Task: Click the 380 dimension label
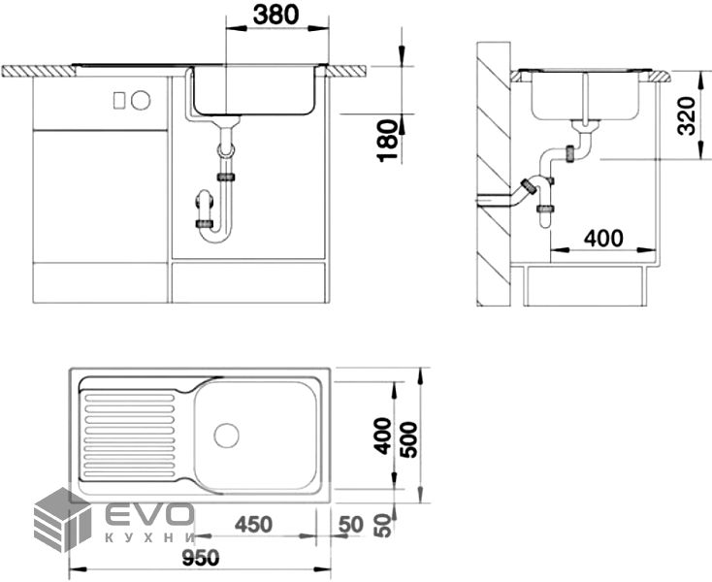(276, 15)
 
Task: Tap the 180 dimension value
(387, 141)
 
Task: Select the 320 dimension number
(686, 115)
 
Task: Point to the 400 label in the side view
(603, 238)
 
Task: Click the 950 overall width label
(201, 558)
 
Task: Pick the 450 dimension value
(253, 525)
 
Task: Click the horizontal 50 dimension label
(351, 525)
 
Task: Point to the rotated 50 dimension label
(384, 526)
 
